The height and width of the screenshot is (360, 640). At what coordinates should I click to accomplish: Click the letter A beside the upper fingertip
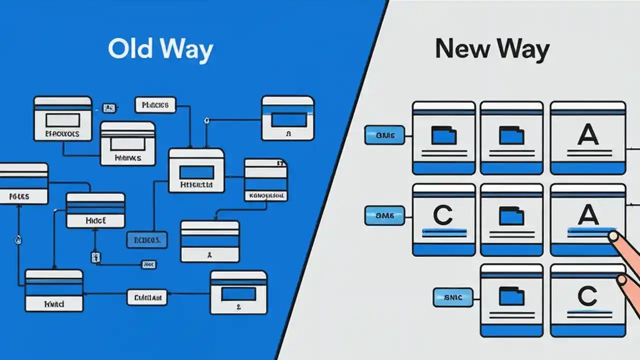click(x=587, y=215)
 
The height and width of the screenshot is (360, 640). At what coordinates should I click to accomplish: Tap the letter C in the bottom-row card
click(x=587, y=296)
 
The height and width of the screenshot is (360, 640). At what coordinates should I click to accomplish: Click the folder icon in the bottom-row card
click(x=511, y=296)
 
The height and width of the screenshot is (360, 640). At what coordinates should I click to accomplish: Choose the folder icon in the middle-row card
click(x=511, y=216)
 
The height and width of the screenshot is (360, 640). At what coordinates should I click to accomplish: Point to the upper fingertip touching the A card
click(x=612, y=236)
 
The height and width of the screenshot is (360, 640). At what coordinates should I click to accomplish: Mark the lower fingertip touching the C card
click(x=622, y=279)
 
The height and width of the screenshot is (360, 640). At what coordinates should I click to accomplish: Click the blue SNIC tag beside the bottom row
click(x=453, y=297)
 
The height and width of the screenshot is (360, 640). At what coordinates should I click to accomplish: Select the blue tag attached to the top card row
click(x=384, y=135)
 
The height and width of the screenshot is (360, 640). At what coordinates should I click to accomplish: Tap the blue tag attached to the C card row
click(x=384, y=215)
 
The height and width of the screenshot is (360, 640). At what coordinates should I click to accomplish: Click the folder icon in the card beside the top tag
click(x=443, y=135)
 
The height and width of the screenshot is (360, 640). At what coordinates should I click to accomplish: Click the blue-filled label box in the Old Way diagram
click(x=147, y=240)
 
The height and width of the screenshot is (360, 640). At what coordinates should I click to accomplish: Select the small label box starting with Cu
click(x=147, y=298)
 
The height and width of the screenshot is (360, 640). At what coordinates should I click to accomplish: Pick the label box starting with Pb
click(x=155, y=105)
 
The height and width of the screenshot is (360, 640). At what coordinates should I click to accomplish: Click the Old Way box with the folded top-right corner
click(x=265, y=180)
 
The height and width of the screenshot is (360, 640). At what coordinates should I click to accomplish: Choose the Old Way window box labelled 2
click(x=238, y=292)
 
